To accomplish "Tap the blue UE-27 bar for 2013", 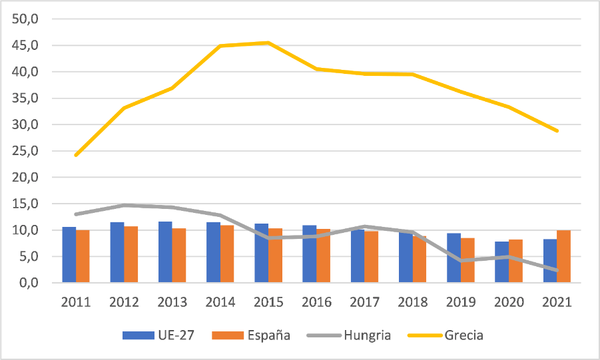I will [x=165, y=252].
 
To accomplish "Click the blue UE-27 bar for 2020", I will [x=502, y=262].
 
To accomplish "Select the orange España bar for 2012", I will [x=131, y=255].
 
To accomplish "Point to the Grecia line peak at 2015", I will [x=268, y=43].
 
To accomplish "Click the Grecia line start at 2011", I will [x=76, y=155].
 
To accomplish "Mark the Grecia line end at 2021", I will [x=557, y=131].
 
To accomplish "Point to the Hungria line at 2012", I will [x=124, y=205].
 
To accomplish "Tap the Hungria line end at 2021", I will [x=557, y=270].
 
